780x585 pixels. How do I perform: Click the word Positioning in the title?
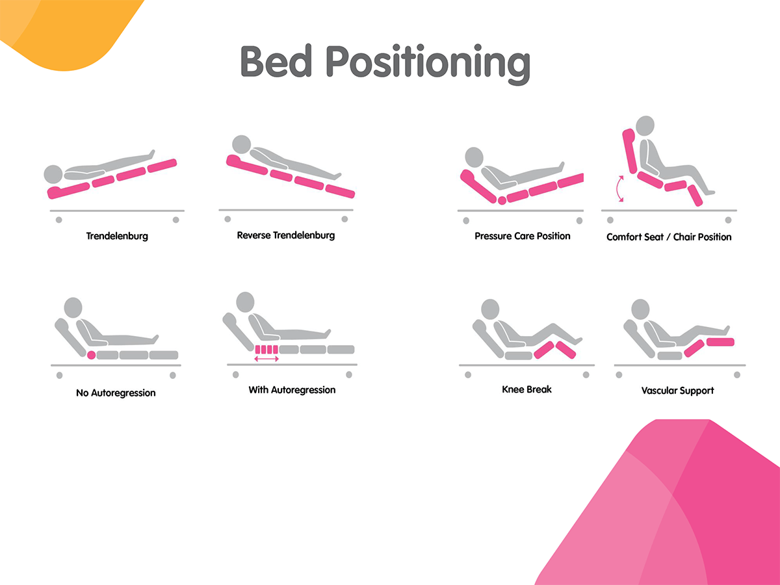pos(428,63)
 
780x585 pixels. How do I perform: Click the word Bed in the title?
pos(276,60)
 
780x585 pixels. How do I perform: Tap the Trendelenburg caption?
pos(117,236)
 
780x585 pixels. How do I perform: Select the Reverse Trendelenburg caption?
pos(286,235)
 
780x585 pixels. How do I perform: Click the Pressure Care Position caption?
pos(523,236)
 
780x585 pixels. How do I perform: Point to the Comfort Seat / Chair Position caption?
pos(669,237)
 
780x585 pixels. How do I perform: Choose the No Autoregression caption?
pos(116,393)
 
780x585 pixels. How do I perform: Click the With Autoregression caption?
pos(292,390)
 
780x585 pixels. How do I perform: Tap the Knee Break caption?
pos(526,389)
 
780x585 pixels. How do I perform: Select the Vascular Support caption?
pos(678,391)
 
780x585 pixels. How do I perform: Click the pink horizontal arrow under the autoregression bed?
pos(266,359)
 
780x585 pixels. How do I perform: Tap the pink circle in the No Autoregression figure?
pos(92,355)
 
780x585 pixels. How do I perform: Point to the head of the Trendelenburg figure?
pos(53,174)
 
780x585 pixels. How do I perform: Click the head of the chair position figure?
pos(645,125)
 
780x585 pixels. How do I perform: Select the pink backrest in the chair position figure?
pos(629,151)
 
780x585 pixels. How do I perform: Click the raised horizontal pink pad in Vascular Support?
pos(720,342)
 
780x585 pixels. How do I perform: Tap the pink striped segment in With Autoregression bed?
pos(266,350)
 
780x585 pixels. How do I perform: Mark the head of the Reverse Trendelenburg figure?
pos(242,144)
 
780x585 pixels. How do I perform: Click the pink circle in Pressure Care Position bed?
pos(502,201)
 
